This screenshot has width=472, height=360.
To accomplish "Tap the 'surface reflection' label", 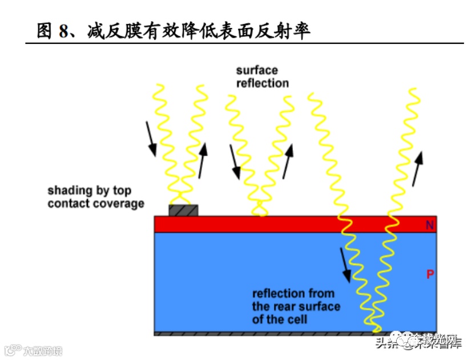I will (263, 77).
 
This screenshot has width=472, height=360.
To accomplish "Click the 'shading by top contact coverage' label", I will (95, 197).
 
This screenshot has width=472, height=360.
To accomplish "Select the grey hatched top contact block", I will (183, 211).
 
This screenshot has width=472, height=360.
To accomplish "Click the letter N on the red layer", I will (429, 225).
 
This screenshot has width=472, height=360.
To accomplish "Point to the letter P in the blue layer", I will (430, 275).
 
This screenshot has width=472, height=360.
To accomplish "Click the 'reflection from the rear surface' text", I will (296, 306).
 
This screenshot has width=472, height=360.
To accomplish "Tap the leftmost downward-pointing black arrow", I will (151, 138).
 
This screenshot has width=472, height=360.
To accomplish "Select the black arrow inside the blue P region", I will (346, 265).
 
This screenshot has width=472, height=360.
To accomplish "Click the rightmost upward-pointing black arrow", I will (418, 168).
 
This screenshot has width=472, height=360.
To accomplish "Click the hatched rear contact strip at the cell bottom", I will (268, 333).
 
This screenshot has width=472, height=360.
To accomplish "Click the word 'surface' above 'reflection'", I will (257, 71).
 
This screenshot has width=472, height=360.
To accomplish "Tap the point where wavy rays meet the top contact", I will (183, 204).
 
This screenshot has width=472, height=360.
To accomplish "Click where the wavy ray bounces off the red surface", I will (260, 215).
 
